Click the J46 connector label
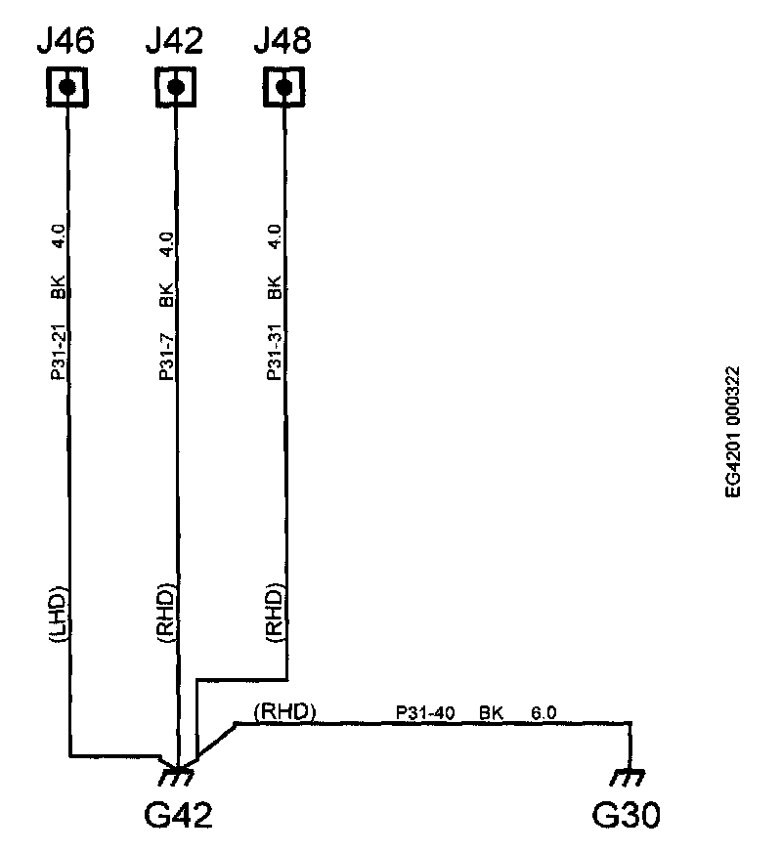point(65,41)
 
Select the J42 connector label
point(174,41)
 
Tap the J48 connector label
point(282,41)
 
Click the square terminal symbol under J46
point(66,87)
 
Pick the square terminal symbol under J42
point(175,87)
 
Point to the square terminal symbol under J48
point(283,87)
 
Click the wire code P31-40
point(425,713)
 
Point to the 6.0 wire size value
point(543,713)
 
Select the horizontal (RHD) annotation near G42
point(284,712)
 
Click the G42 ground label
point(178,813)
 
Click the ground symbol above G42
point(177,777)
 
